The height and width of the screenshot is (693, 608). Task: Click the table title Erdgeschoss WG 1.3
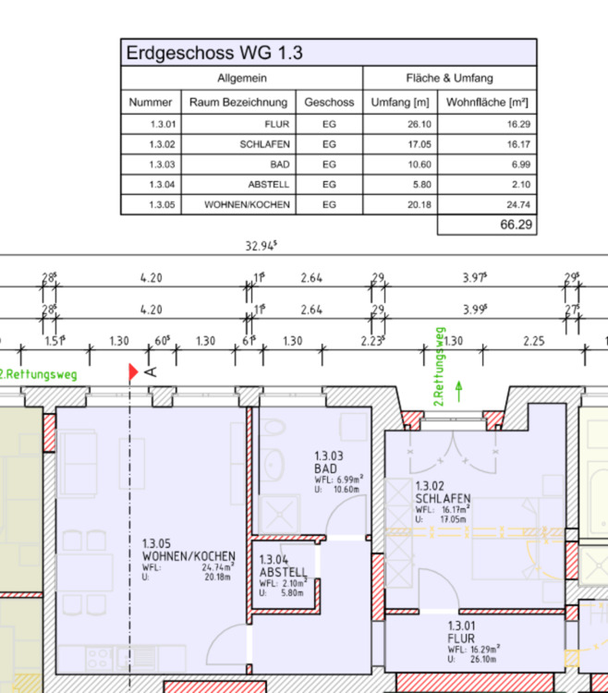pyautogui.click(x=214, y=54)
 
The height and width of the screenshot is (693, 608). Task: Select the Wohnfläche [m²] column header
pyautogui.click(x=487, y=103)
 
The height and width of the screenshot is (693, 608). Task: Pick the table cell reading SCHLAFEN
pyautogui.click(x=265, y=144)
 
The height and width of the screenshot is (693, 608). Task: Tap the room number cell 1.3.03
pyautogui.click(x=163, y=164)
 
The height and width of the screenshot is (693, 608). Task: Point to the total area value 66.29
pyautogui.click(x=516, y=224)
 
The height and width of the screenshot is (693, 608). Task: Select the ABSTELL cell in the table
pyautogui.click(x=269, y=184)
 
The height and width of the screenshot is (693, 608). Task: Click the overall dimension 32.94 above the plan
pyautogui.click(x=261, y=247)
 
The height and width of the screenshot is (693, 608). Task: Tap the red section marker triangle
pyautogui.click(x=133, y=371)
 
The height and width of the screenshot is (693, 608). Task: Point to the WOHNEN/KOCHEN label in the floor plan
pyautogui.click(x=188, y=556)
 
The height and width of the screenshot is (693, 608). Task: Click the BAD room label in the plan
pyautogui.click(x=325, y=468)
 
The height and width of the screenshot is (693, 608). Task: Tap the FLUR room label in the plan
pyautogui.click(x=461, y=638)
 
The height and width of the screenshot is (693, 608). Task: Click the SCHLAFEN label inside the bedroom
pyautogui.click(x=443, y=498)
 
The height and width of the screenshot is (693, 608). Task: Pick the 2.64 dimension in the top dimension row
pyautogui.click(x=311, y=276)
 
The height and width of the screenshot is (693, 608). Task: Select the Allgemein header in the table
pyautogui.click(x=241, y=79)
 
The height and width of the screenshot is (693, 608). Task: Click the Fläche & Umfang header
pyautogui.click(x=449, y=79)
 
